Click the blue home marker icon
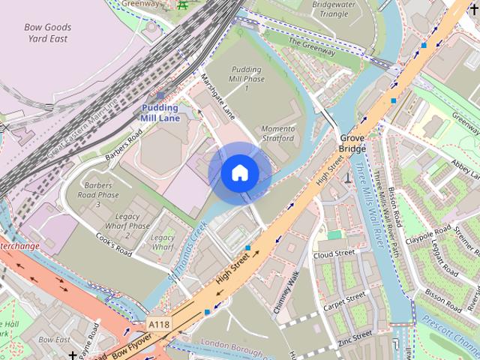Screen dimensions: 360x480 [x=239, y=173]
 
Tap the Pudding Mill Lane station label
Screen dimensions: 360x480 [x=160, y=112]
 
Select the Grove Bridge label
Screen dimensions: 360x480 [x=352, y=143]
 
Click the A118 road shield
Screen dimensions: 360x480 [x=158, y=324]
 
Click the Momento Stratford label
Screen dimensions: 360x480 [x=277, y=133]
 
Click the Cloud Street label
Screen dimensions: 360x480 [x=334, y=253]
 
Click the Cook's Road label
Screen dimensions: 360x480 [x=114, y=244]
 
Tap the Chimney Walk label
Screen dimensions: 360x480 [x=286, y=292]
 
